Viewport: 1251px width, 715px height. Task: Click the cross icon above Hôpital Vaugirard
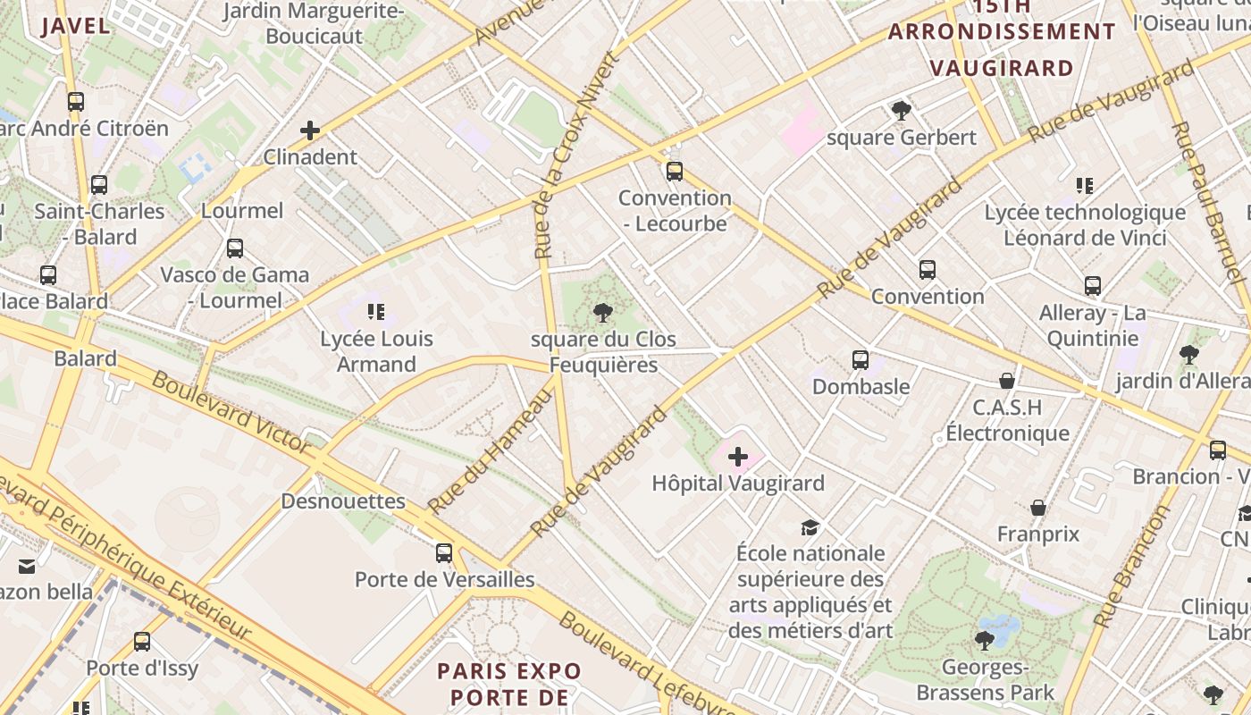coord(738,458)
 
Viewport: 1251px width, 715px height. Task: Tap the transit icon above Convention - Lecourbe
coord(675,172)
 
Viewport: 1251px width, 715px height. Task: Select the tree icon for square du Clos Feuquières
coord(603,313)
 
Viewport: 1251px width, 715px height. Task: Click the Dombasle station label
coord(861,386)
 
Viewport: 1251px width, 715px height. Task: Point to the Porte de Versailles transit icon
coord(444,553)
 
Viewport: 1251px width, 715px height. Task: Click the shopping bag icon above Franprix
coord(1038,509)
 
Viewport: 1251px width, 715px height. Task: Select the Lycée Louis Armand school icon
coord(376,312)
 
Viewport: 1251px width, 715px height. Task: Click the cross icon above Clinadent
coord(310,131)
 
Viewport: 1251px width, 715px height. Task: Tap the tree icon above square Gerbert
coord(902,111)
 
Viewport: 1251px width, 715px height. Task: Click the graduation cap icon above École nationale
coord(810,527)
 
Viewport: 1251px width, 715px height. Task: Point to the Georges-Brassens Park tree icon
coord(985,640)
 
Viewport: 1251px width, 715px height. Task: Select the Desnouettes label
coord(343,500)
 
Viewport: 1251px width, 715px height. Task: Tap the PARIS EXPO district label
coord(509,670)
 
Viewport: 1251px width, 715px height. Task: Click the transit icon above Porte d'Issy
coord(142,642)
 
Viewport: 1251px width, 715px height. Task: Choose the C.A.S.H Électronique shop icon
coord(1007,381)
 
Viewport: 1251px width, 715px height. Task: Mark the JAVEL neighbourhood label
coord(76,25)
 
